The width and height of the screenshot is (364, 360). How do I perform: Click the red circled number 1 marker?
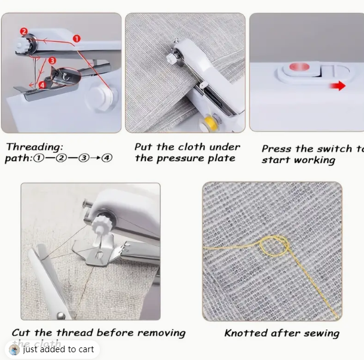[77, 38]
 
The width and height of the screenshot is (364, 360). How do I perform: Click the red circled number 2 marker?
[23, 31]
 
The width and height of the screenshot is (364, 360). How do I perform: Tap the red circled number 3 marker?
[53, 61]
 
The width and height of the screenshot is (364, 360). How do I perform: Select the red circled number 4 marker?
[42, 85]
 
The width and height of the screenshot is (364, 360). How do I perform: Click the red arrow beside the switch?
[339, 86]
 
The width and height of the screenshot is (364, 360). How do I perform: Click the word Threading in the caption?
[34, 147]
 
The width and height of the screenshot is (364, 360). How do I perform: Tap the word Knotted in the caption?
[247, 333]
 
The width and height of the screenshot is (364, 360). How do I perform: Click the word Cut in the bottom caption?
[22, 333]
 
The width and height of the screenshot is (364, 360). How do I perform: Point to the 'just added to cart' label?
[58, 349]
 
